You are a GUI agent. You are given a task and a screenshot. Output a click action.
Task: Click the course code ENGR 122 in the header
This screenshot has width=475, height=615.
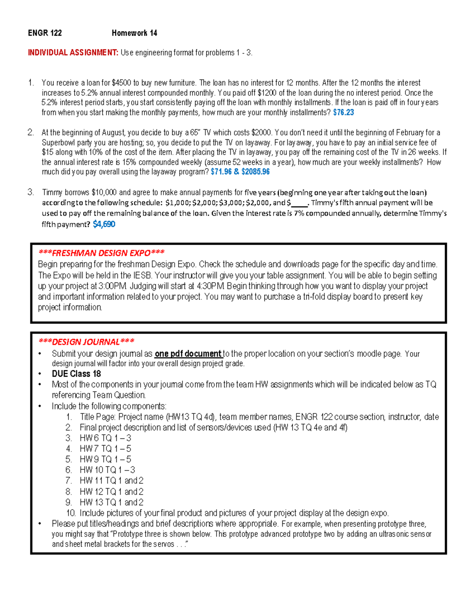pos(45,33)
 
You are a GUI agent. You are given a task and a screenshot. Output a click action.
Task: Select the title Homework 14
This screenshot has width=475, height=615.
pos(134,33)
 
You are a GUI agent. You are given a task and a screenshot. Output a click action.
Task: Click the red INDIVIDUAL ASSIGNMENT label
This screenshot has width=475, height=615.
pos(73,53)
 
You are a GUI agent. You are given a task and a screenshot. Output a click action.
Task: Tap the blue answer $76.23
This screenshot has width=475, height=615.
pos(343,112)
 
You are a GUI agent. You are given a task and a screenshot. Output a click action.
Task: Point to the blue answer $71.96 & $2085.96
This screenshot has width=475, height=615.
pos(240,172)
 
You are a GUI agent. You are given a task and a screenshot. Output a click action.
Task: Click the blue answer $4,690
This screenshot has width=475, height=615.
pos(104,225)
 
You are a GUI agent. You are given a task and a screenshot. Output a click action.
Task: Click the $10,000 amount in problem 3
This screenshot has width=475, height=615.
pos(104,192)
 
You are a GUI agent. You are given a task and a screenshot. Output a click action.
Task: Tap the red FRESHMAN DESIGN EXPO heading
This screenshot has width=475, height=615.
pos(101,253)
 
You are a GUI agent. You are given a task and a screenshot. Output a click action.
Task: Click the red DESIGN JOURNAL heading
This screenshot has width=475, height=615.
pos(86,342)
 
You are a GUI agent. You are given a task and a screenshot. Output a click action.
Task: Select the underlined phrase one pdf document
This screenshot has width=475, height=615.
pos(188,354)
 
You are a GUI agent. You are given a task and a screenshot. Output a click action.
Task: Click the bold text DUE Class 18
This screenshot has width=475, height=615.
pos(76,374)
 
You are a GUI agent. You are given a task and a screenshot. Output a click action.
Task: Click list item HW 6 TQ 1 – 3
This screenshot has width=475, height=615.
pos(105,438)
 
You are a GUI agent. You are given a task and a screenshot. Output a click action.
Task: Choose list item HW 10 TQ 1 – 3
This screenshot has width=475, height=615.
pos(107,470)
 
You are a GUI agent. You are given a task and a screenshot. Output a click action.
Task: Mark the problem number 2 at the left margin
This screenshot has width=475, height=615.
pos(30,133)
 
